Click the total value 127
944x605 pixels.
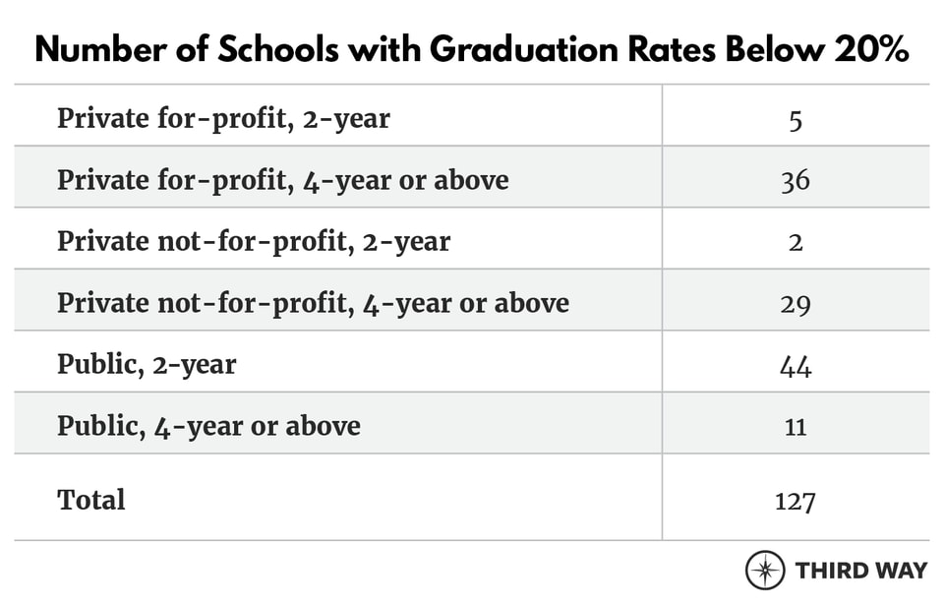[795, 500]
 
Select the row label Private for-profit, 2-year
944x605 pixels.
[223, 119]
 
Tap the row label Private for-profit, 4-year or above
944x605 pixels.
[282, 180]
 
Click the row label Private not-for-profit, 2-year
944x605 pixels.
[254, 242]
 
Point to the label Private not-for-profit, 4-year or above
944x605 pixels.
[313, 303]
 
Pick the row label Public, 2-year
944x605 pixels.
[147, 365]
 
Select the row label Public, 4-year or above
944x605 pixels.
[208, 426]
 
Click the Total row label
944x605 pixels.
[91, 500]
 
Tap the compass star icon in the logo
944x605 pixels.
[764, 570]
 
